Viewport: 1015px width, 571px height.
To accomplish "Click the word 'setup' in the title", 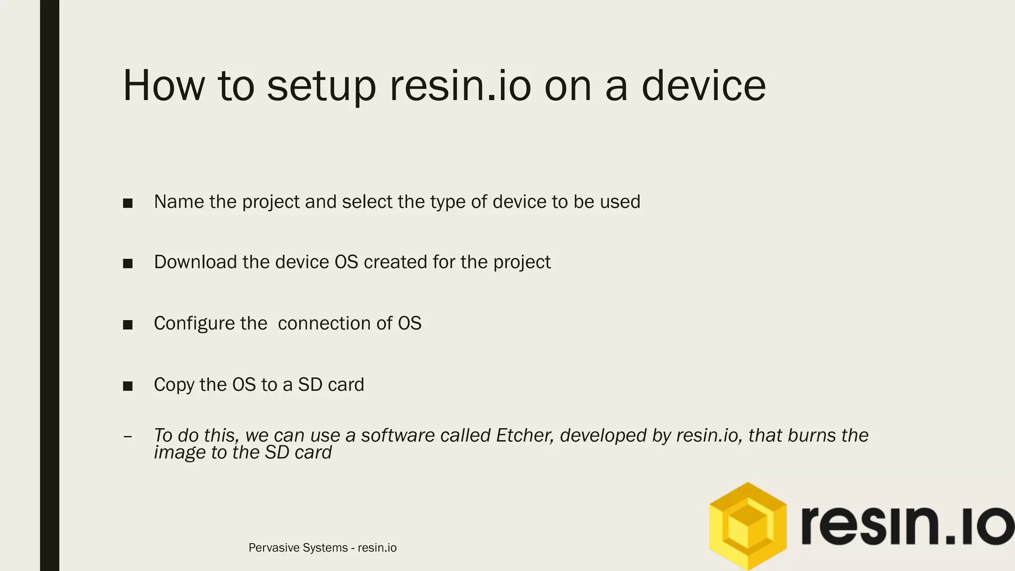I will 321,87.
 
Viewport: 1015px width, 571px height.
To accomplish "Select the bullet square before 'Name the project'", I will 128,203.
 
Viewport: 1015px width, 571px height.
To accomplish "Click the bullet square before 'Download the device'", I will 128,264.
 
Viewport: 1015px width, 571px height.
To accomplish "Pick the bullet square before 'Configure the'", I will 128,325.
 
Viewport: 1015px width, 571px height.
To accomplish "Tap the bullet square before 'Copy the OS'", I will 128,386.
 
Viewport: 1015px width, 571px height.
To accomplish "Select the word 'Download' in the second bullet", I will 195,262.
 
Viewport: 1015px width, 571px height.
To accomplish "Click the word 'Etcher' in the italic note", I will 524,435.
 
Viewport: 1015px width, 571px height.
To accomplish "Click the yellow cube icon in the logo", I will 747,526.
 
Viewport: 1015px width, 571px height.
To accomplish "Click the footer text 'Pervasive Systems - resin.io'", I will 322,548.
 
